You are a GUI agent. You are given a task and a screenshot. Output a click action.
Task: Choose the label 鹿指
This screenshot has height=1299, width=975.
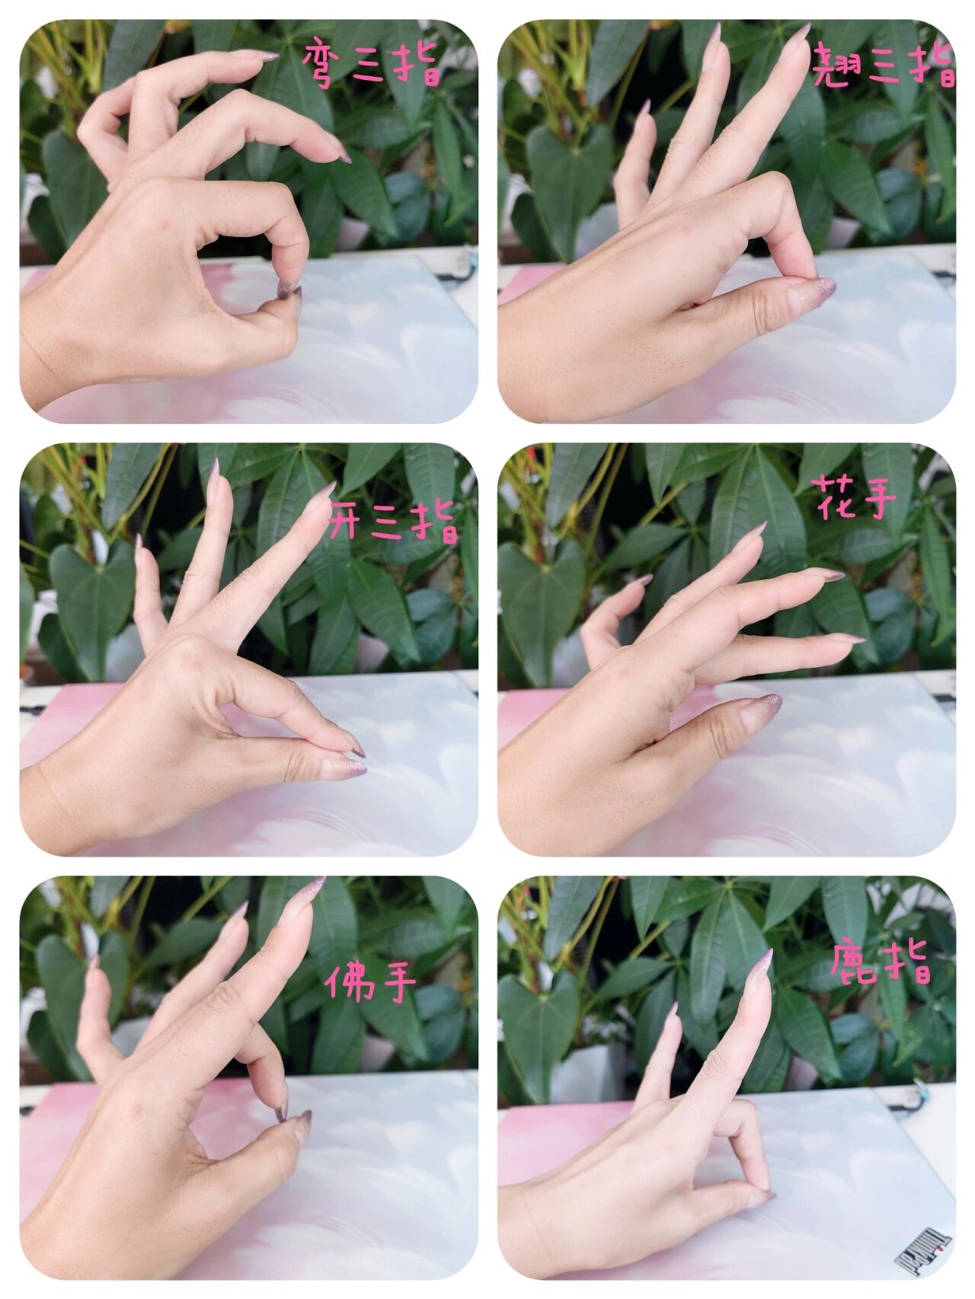[x=881, y=964]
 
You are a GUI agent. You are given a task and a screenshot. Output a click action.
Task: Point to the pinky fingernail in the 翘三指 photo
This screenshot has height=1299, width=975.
[x=644, y=107]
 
